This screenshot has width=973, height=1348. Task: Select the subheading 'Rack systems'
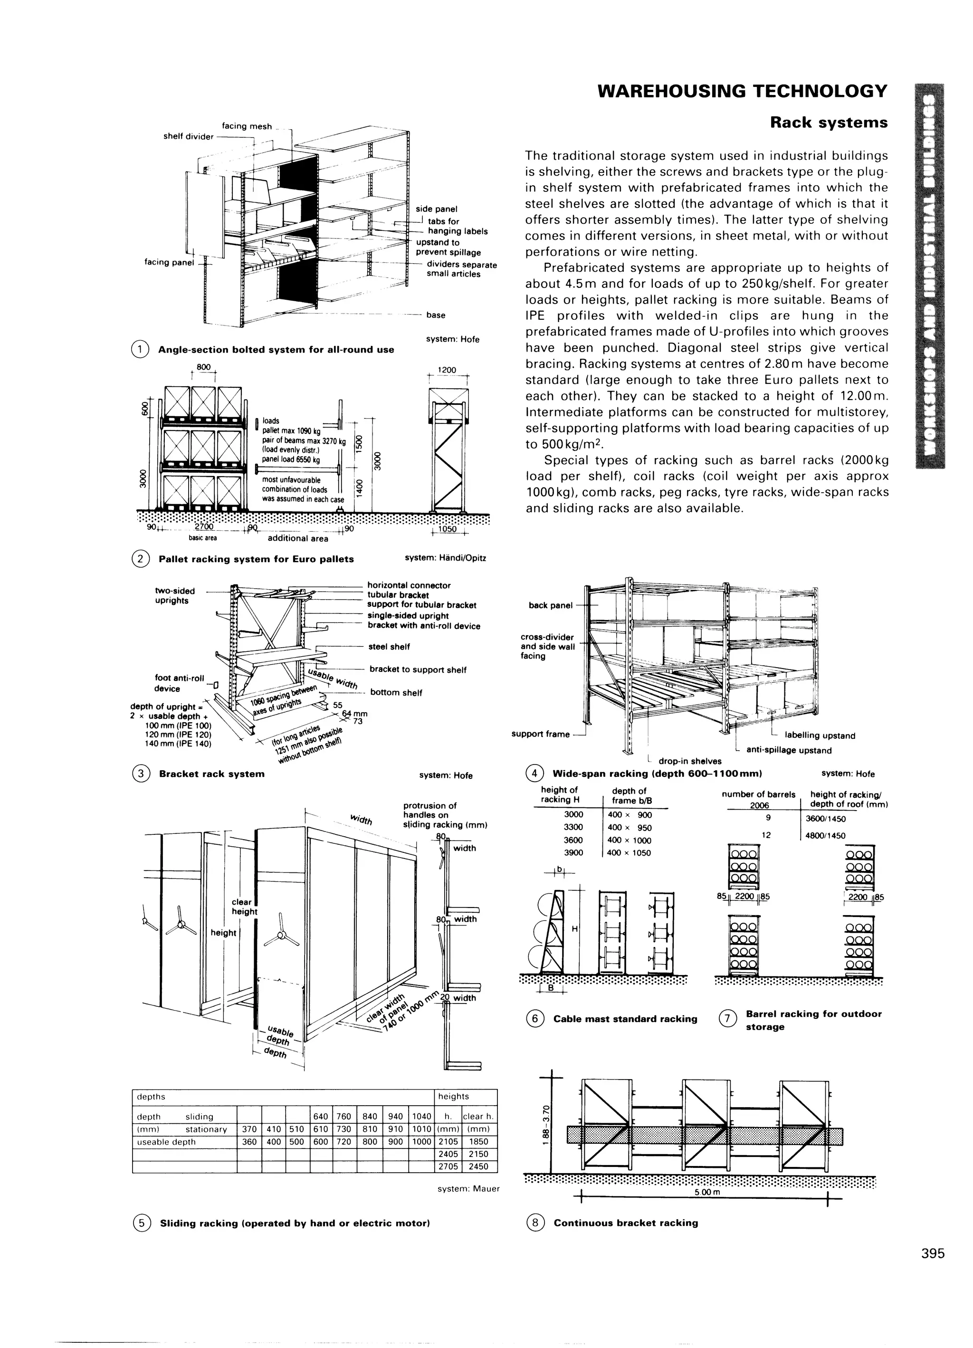(x=829, y=123)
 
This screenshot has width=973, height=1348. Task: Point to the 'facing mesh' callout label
(x=247, y=126)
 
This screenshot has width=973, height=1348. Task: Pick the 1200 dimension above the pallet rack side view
(x=447, y=370)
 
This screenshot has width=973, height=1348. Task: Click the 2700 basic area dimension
(x=204, y=527)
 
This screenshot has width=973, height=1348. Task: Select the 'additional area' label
(x=298, y=538)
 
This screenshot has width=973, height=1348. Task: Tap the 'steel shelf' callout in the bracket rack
(x=389, y=647)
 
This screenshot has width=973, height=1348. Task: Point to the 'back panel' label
(x=550, y=606)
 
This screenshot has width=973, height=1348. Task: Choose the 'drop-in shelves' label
(x=689, y=761)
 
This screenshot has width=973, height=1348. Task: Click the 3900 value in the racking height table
(x=573, y=852)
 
